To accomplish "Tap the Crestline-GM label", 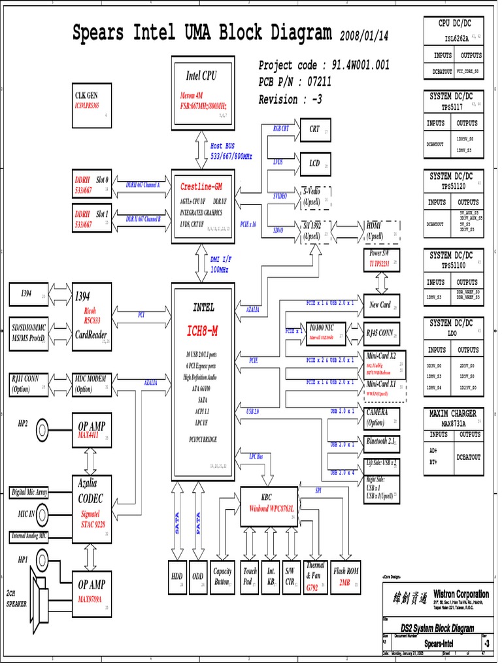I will [201, 187].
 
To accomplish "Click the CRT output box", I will [315, 130].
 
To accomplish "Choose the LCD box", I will [315, 164].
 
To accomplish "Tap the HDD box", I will [177, 576].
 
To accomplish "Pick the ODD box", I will [198, 576].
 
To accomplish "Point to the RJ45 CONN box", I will [381, 333].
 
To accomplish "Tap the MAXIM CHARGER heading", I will [453, 414].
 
